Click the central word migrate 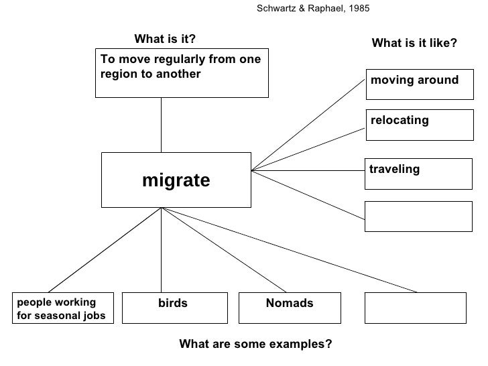coord(176,180)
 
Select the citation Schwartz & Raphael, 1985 coord(313,9)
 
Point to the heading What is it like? coord(414,43)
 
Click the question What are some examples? coord(255,345)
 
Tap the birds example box coord(173,308)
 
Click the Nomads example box coord(290,308)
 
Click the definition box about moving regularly coord(181,72)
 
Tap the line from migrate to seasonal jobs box coord(104,250)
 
